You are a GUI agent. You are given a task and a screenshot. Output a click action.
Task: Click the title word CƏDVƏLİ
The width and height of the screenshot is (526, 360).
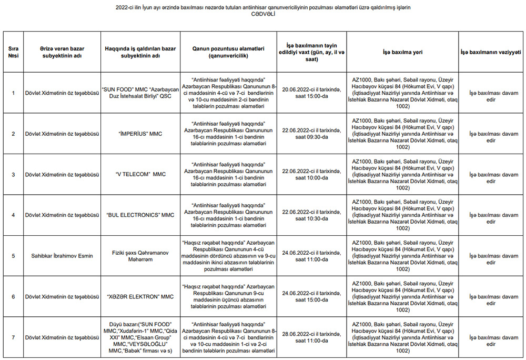point(263,14)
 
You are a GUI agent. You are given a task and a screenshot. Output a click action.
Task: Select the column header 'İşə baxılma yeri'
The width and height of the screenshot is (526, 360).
point(402,52)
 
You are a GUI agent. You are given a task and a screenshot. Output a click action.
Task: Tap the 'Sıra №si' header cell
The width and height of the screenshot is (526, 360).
point(13,52)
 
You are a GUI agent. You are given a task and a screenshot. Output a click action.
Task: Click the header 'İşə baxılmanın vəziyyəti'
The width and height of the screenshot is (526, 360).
point(491,52)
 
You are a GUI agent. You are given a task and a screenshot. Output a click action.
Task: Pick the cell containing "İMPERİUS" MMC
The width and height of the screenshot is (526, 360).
point(140,134)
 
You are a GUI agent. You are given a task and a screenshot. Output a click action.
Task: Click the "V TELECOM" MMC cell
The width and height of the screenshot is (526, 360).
point(140,174)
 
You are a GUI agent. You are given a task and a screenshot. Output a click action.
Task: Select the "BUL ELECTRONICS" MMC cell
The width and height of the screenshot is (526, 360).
point(140,215)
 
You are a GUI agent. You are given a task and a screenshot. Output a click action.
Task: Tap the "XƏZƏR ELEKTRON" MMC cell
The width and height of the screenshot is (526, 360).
point(140,297)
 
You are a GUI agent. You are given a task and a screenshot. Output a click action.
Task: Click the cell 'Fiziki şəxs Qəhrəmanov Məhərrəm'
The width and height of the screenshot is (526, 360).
point(140,256)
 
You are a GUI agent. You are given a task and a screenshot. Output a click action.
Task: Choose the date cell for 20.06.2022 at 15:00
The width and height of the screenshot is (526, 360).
point(311,93)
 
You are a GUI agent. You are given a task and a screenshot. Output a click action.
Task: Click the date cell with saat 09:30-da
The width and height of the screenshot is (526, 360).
point(311,134)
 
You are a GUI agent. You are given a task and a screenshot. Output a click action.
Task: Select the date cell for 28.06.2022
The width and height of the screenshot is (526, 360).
point(311,337)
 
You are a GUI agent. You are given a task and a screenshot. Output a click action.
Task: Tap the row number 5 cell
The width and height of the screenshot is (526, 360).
point(13,256)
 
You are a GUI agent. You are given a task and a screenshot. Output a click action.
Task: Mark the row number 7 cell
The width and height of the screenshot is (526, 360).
point(13,337)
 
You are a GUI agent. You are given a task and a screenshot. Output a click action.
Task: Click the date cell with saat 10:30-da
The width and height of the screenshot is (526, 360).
point(311,215)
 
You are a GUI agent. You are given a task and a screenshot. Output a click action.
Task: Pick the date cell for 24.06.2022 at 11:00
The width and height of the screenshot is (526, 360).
point(311,256)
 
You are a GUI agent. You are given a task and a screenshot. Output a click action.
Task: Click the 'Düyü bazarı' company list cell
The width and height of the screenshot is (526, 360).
point(140,337)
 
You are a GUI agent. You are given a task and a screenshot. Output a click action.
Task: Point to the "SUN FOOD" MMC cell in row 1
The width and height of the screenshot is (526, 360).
point(140,93)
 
